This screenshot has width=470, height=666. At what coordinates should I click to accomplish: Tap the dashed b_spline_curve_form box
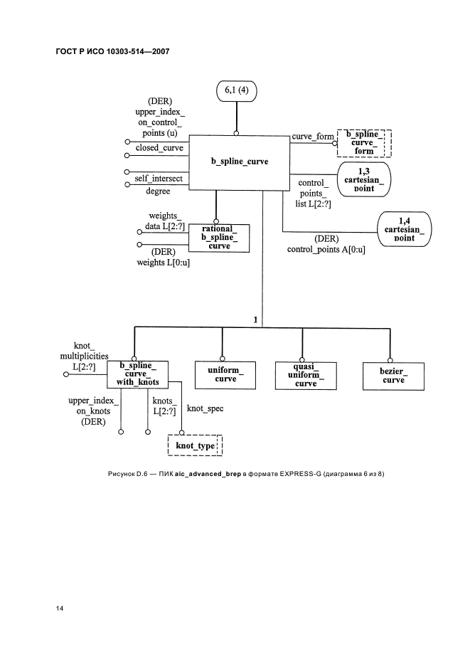click(x=364, y=143)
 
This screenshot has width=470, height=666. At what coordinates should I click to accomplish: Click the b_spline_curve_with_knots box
click(x=137, y=374)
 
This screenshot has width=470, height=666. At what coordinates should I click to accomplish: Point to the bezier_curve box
click(x=389, y=375)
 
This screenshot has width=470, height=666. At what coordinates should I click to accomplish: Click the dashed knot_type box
click(x=194, y=445)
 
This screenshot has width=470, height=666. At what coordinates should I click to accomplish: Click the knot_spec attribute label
click(x=205, y=409)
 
